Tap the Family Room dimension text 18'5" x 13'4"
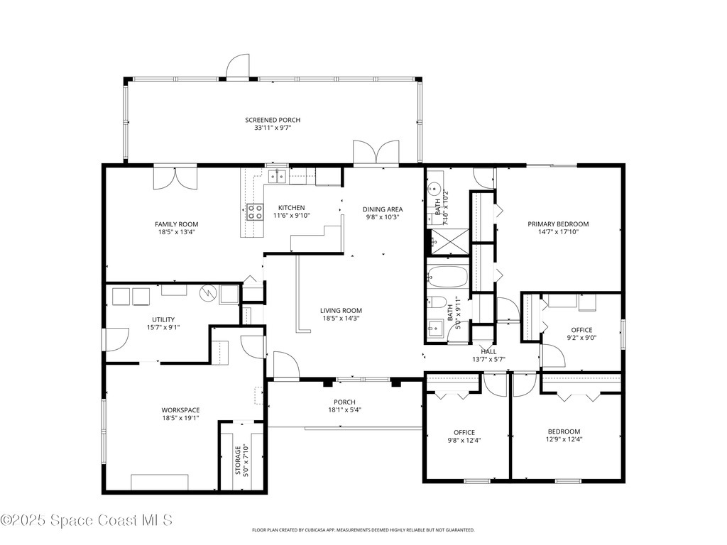176,232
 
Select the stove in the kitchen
254,209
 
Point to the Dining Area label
383,209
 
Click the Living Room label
341,310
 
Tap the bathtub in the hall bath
448,276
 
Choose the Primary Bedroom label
558,224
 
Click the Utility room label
163,319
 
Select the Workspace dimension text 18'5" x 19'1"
180,418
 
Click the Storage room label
239,459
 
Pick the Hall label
488,351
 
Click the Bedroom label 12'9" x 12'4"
564,431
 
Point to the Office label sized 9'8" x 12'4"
464,432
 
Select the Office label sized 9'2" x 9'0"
581,329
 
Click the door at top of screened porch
239,68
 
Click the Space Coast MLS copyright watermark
86,520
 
